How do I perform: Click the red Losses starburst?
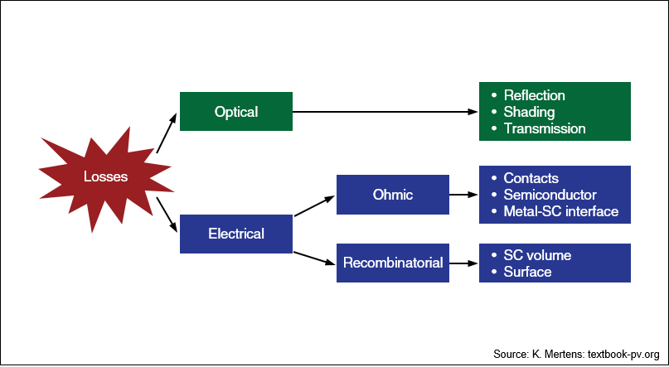106,177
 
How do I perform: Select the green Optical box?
236,111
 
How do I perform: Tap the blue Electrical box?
236,234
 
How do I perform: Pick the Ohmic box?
392,195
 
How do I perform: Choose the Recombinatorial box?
392,263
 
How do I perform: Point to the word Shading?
529,112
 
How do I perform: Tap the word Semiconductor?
550,195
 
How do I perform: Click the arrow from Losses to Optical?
167,133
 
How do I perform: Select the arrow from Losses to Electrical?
167,215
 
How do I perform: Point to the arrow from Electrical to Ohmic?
314,206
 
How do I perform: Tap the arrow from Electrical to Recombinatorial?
314,258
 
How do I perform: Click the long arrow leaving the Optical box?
385,112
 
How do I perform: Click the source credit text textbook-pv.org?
623,354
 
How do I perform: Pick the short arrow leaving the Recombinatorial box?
463,263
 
